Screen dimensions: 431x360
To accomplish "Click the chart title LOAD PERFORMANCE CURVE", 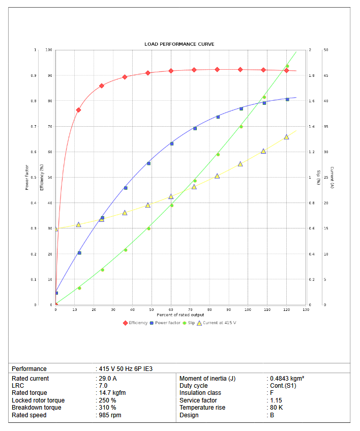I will pos(179,44).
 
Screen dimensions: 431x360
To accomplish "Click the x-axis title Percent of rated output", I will pos(180,314).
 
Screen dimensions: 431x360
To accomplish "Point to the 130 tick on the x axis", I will pos(306,309).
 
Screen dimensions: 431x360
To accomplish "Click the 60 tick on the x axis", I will pos(171,309).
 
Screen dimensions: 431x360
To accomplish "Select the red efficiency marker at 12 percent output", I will pos(79,110).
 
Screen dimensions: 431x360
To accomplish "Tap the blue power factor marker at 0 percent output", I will pos(56,293).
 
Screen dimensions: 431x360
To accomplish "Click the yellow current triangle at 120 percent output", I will pos(286,137).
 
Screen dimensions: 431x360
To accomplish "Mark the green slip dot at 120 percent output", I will pos(287,66).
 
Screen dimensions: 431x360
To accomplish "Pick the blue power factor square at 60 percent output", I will pos(171,143).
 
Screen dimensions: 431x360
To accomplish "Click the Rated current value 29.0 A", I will pos(108,379).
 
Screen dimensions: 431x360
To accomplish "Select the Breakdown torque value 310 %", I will pos(108,408).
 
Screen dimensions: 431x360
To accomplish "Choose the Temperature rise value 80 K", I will pos(277,408).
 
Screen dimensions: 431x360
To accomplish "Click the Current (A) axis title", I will pos(332,178).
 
